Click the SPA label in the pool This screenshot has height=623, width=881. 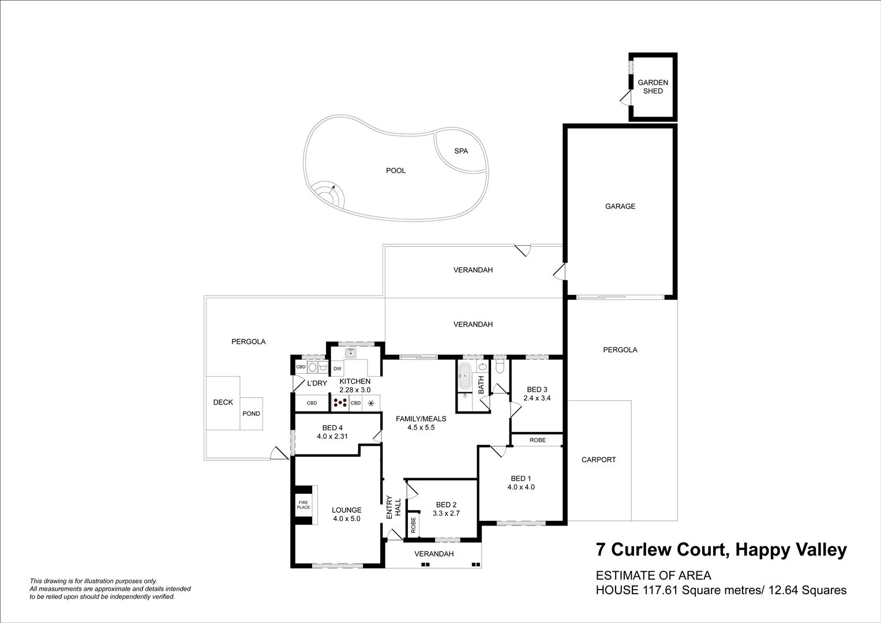point(461,151)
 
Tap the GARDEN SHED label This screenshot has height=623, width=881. point(653,87)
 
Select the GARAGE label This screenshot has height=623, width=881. point(620,206)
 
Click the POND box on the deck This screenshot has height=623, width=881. point(251,414)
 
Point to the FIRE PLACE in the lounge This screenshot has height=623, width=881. point(303,505)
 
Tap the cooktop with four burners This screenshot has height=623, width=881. point(340,403)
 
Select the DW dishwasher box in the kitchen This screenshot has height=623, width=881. point(338,369)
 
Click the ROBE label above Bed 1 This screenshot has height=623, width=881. point(537,440)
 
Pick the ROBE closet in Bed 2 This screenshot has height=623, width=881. point(413,524)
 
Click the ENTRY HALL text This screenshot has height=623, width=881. point(393,507)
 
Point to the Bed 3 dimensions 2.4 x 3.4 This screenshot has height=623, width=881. point(537,398)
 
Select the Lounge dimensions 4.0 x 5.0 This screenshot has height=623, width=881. point(346,519)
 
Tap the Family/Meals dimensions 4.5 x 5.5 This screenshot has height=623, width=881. point(420,427)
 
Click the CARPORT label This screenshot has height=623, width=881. point(598,460)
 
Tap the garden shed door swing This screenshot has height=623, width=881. point(625,100)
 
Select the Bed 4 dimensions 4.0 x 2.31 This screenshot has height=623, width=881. point(332,437)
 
